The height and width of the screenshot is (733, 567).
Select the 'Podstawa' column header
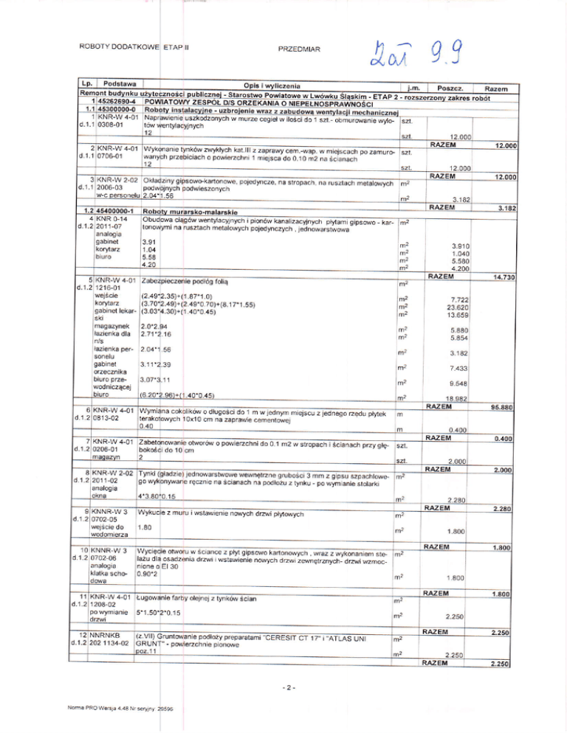tap(123, 85)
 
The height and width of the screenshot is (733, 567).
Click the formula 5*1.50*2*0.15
tap(166, 613)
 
